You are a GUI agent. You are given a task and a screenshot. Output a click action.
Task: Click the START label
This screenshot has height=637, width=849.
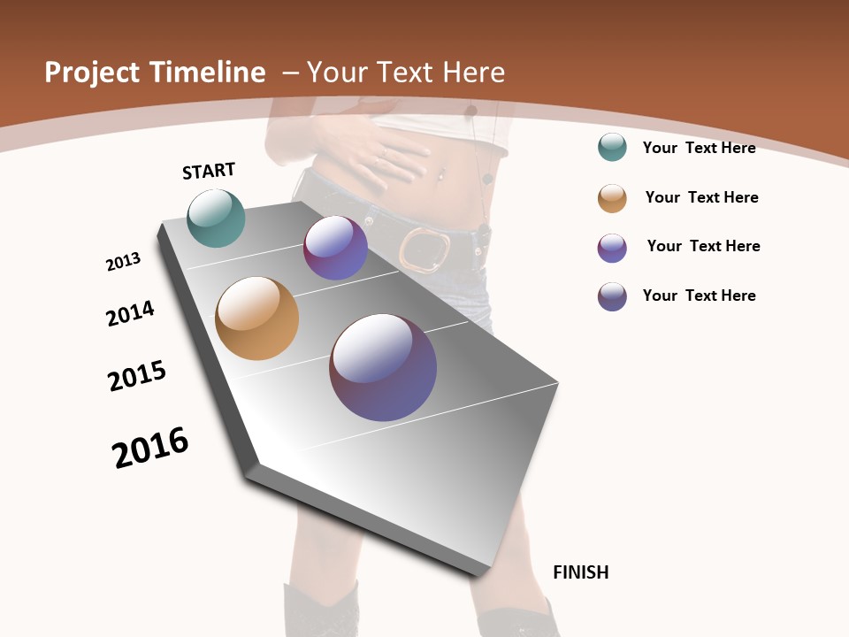tap(209, 171)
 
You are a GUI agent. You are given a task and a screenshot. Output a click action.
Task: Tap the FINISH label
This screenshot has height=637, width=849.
tap(580, 572)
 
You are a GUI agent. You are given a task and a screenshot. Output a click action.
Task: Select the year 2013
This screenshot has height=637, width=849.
tap(123, 262)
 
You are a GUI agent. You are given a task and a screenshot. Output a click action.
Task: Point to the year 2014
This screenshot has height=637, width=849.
tap(130, 313)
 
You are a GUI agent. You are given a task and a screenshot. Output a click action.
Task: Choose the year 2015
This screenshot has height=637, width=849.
tap(137, 376)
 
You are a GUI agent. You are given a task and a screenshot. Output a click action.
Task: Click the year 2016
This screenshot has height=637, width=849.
tap(150, 448)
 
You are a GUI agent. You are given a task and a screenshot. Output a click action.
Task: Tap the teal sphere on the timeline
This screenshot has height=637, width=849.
tap(217, 219)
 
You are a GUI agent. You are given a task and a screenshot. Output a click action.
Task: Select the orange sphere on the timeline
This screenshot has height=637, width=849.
tap(256, 318)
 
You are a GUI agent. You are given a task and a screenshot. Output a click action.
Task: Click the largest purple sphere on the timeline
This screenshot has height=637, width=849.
tap(383, 367)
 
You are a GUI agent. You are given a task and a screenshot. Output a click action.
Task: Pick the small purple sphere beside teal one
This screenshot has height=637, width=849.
tap(335, 249)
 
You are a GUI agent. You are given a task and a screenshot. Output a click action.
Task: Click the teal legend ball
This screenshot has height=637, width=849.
tap(612, 147)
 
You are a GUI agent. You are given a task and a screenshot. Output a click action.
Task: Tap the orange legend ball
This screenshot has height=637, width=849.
tap(612, 198)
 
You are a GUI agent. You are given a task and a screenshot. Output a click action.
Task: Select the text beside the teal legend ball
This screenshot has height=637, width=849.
tap(699, 148)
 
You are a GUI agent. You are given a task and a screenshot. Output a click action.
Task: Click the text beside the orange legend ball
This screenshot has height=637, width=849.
tap(701, 197)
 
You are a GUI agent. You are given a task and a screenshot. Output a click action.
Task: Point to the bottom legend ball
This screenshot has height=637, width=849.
tap(612, 296)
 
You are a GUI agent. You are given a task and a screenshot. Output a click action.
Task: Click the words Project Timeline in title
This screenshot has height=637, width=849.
tap(155, 73)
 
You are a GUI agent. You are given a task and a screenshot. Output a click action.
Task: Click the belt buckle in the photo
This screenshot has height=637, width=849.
tap(424, 249)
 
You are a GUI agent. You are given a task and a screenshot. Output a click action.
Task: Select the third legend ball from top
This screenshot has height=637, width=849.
tap(612, 248)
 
